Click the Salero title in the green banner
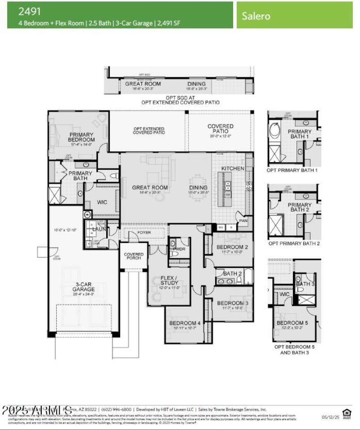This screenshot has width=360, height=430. (x=256, y=16)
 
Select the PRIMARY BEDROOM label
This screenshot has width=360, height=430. (x=81, y=137)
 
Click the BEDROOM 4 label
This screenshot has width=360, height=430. (x=185, y=323)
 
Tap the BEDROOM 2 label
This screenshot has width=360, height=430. (x=232, y=247)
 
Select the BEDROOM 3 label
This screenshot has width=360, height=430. (x=233, y=303)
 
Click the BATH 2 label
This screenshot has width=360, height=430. (x=233, y=273)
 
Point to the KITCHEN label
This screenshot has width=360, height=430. (x=233, y=168)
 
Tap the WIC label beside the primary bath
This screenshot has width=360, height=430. (x=102, y=202)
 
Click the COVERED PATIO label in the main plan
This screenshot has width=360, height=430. (x=220, y=129)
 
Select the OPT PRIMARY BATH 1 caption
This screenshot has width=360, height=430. (x=292, y=171)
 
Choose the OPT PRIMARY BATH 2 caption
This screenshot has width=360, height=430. (x=293, y=244)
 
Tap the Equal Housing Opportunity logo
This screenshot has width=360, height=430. (x=346, y=413)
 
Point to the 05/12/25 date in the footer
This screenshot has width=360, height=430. (x=329, y=417)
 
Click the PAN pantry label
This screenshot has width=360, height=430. (x=243, y=222)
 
